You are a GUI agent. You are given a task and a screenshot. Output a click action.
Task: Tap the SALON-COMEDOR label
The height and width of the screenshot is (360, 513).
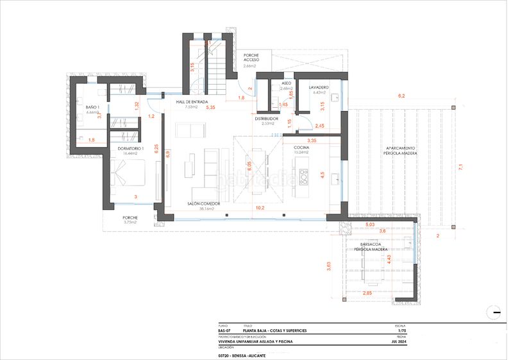tap(204, 203)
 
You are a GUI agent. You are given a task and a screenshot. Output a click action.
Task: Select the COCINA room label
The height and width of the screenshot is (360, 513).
tap(301, 148)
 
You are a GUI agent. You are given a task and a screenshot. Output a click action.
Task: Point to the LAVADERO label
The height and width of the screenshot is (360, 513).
tap(319, 87)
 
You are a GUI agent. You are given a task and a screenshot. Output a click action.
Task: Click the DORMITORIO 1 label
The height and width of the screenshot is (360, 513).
tap(131, 148)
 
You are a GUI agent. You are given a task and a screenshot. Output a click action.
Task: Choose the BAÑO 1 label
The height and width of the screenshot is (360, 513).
tap(93, 107)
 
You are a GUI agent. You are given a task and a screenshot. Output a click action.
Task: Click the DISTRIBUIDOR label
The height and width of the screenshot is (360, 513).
tap(266, 119)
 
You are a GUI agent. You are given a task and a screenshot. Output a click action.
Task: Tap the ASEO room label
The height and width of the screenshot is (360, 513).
tap(286, 83)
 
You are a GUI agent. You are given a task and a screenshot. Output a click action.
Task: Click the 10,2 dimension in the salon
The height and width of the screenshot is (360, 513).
tap(260, 208)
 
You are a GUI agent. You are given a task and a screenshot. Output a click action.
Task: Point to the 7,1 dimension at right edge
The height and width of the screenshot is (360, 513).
tap(460, 167)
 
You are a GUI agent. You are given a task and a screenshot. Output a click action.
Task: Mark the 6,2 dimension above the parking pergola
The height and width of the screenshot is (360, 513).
tap(401, 96)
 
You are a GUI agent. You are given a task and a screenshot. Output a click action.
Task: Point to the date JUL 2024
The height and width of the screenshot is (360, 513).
tap(401, 342)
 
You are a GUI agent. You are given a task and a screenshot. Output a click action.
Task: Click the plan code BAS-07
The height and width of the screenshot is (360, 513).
tap(224, 330)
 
